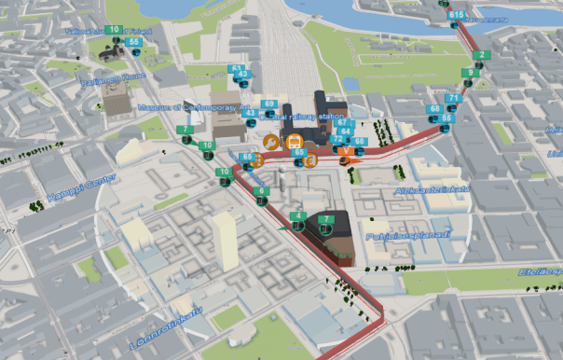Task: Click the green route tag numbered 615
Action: click(456, 16)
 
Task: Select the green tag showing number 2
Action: click(478, 55)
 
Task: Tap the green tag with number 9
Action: click(473, 72)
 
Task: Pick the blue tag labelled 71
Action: click(454, 98)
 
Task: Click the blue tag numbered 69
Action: click(268, 104)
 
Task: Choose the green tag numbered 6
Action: click(261, 191)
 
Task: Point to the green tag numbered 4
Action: click(297, 216)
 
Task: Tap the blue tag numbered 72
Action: click(337, 139)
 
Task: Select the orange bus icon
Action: click(294, 142)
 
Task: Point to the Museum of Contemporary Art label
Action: click(189, 107)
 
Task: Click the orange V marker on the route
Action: click(347, 150)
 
